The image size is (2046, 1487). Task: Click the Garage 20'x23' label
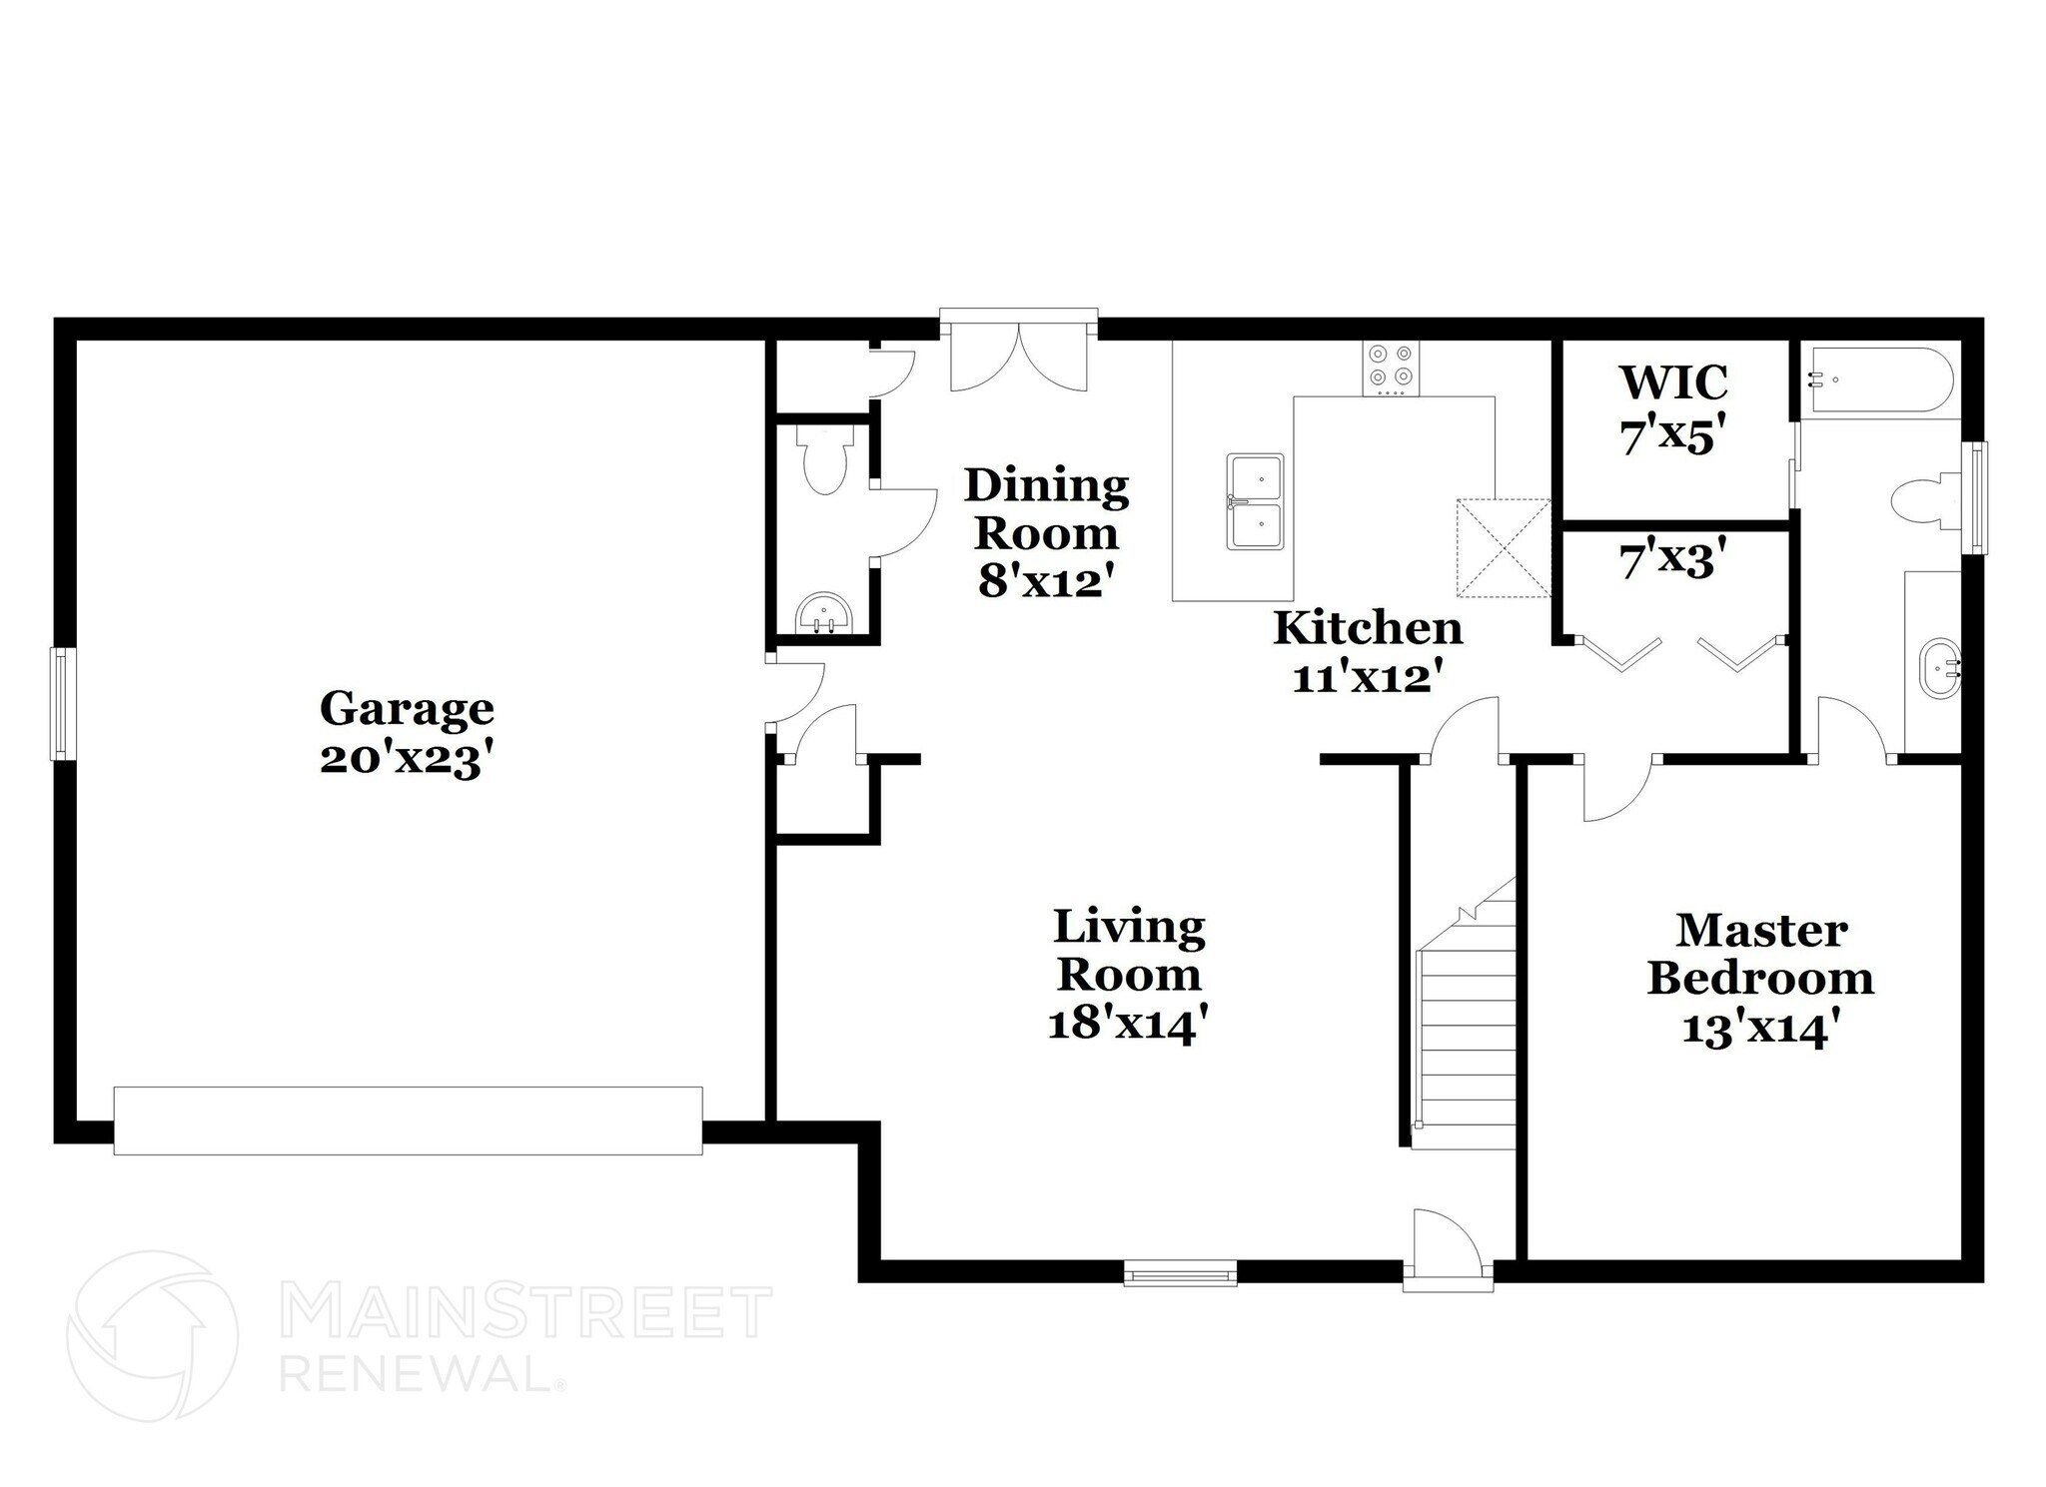(x=407, y=733)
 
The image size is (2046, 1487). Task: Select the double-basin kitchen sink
(x=1256, y=501)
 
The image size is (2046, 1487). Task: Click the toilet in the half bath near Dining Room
(x=825, y=462)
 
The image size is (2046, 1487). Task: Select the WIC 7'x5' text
(x=1673, y=409)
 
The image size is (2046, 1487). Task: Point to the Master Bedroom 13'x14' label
(x=1760, y=980)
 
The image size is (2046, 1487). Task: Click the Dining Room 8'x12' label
(x=1045, y=533)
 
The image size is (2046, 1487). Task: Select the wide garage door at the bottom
(x=408, y=1120)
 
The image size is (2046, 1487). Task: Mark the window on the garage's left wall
(x=63, y=703)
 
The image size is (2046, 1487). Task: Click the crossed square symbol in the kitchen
(x=1503, y=548)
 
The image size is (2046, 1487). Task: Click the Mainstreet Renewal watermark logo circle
(x=153, y=1335)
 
